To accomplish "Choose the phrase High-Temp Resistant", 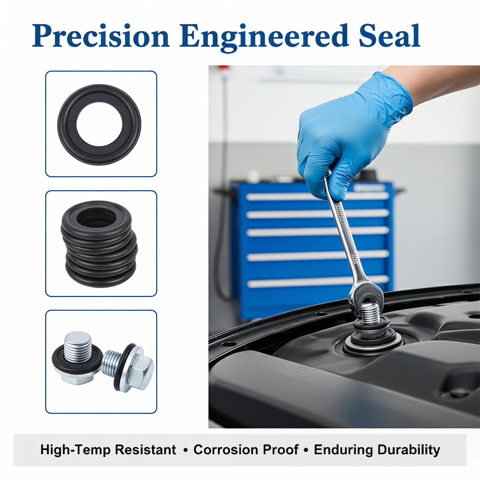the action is coord(108,450).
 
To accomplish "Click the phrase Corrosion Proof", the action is coord(246,450).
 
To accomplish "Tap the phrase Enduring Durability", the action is coord(377,450).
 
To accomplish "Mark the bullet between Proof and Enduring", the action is coord(306,450).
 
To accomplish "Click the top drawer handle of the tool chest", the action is coord(317,196).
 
